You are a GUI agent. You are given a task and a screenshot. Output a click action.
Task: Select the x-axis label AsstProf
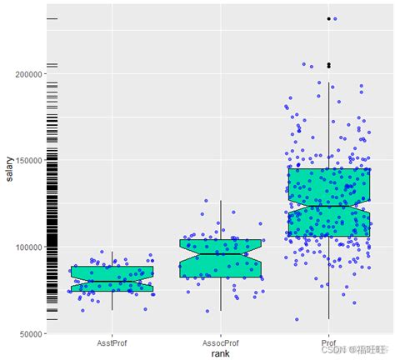point(112,342)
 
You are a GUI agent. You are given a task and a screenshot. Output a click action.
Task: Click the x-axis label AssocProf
point(220,342)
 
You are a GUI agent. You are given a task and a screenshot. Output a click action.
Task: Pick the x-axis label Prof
point(328,342)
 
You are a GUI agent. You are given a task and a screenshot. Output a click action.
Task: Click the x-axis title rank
point(220,353)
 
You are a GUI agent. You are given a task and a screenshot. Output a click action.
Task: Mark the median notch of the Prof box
point(328,206)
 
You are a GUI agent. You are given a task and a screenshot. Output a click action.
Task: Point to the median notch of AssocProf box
point(220,254)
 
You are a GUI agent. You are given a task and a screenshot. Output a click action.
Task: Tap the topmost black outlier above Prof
point(328,18)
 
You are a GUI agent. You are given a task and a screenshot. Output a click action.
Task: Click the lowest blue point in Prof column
point(297,319)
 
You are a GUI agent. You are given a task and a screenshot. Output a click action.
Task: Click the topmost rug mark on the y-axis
point(52,18)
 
